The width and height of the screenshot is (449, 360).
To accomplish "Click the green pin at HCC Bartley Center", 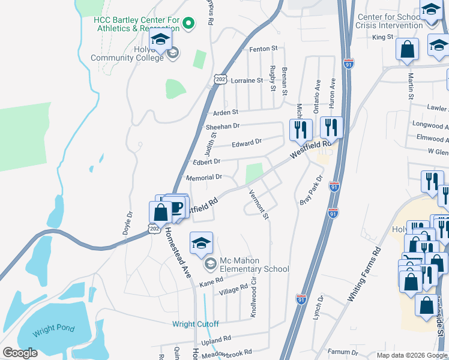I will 188,23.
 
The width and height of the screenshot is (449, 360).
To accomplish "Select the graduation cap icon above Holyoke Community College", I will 160,40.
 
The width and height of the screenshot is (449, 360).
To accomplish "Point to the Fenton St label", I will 264,49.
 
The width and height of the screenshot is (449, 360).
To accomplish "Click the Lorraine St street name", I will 247,80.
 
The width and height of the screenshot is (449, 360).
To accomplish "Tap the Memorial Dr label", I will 204,178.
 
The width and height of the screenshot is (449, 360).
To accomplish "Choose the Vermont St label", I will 259,204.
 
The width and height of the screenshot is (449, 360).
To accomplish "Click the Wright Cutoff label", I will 196,324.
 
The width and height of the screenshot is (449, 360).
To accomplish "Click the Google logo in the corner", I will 19,352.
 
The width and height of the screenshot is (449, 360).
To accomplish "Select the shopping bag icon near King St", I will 407,50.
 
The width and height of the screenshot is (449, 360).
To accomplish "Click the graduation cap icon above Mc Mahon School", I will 202,243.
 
